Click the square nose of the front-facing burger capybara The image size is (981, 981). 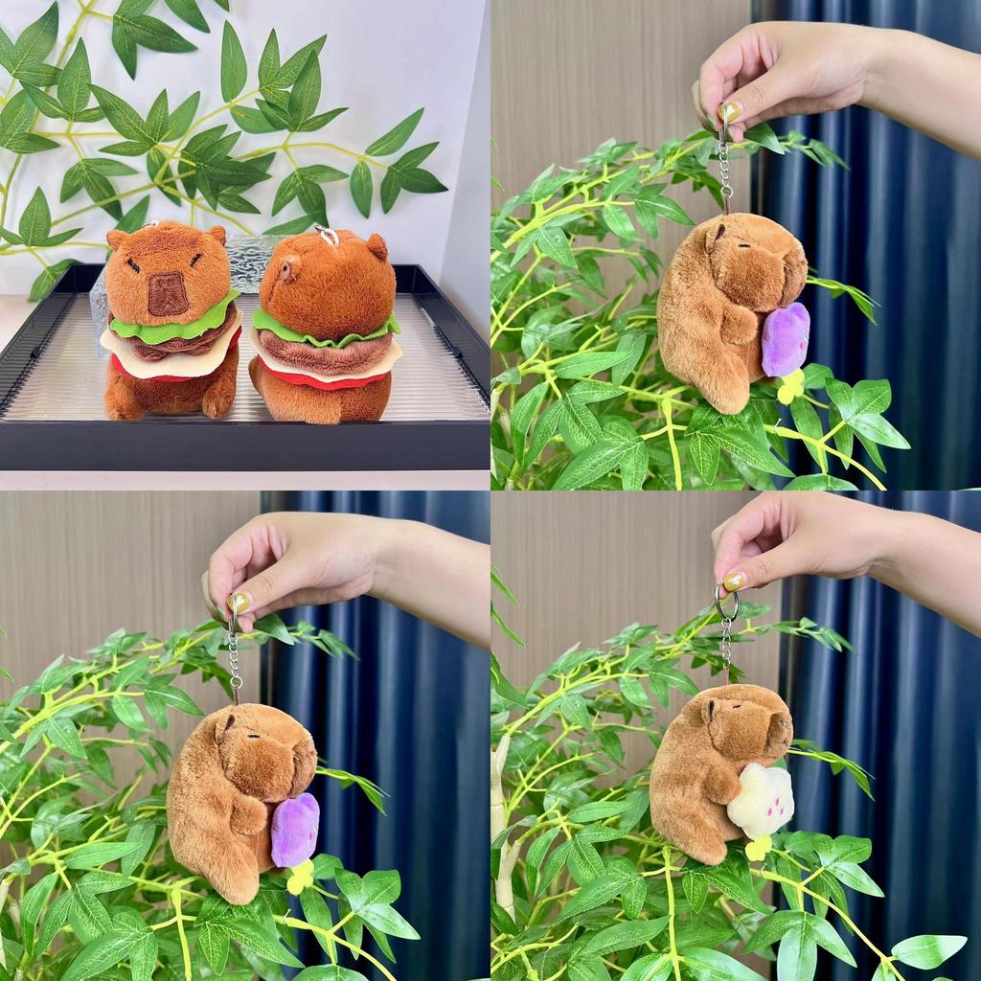[x=168, y=293]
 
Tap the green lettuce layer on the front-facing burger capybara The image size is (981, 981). [x=172, y=326]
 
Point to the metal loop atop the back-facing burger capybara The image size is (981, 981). [x=328, y=235]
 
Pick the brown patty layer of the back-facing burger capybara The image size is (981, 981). [x=322, y=354]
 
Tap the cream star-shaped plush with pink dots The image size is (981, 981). [x=762, y=800]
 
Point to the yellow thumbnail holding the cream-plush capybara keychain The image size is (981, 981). [x=734, y=581]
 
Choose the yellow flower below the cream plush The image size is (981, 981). [x=758, y=848]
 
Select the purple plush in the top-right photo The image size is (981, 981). [x=786, y=339]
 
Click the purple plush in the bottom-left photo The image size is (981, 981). [x=294, y=829]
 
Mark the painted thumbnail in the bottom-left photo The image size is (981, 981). [x=239, y=602]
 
